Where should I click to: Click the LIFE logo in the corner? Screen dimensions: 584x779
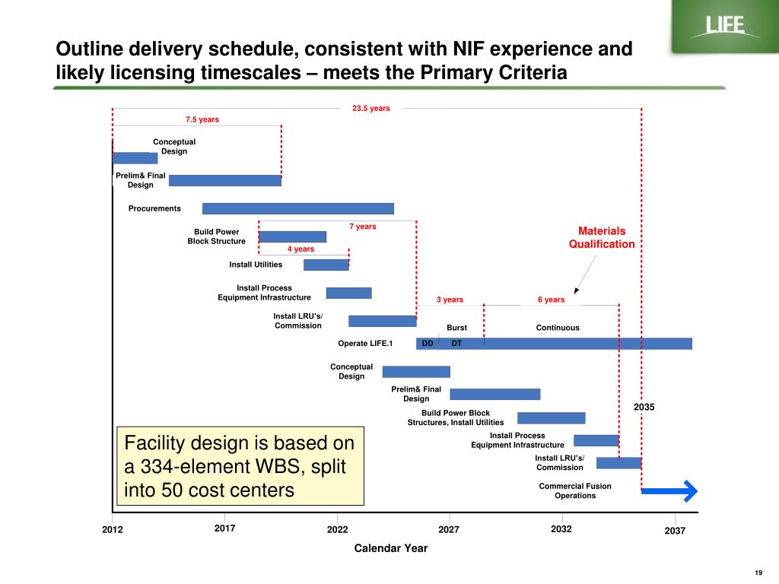click(x=723, y=27)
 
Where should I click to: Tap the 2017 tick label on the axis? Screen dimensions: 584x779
click(x=225, y=528)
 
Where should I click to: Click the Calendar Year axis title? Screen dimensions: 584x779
click(x=391, y=548)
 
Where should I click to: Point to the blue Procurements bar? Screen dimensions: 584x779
click(x=298, y=208)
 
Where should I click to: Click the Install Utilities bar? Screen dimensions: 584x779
click(x=326, y=265)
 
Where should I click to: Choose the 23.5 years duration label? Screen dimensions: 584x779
click(x=370, y=109)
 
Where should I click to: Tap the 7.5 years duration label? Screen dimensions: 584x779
click(x=202, y=119)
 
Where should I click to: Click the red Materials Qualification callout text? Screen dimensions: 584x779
click(x=602, y=237)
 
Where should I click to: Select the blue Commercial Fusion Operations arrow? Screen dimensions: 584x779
click(x=669, y=491)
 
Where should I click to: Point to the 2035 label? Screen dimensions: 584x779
click(x=644, y=408)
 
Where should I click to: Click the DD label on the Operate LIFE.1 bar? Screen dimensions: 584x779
click(x=428, y=344)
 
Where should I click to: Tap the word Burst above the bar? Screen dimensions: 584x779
click(x=456, y=328)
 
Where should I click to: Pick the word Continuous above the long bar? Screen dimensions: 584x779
click(x=558, y=328)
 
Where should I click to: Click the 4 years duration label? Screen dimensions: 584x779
click(x=300, y=249)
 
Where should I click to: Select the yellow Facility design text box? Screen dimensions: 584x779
click(x=240, y=466)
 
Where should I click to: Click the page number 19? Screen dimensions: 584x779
click(x=758, y=573)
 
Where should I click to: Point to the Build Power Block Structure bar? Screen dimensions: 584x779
click(x=293, y=236)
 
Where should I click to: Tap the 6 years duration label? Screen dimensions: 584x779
click(x=551, y=300)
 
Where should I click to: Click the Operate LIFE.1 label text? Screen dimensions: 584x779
click(x=365, y=344)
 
